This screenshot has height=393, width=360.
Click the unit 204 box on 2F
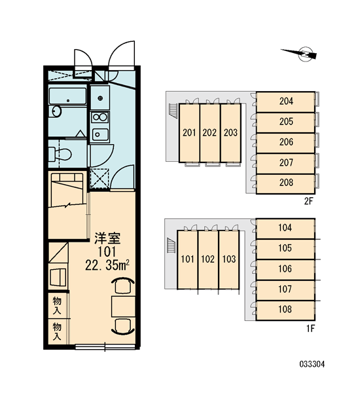(285, 102)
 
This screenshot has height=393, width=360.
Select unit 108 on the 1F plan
(285, 310)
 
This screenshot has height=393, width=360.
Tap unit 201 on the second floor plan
(189, 133)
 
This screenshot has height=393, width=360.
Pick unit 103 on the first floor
(228, 259)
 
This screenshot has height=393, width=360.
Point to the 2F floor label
(309, 201)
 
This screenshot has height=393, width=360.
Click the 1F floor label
(310, 328)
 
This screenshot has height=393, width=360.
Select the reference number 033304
(312, 364)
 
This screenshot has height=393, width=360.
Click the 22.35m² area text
(107, 265)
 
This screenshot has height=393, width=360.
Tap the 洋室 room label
(107, 238)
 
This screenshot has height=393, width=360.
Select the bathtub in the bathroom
(67, 96)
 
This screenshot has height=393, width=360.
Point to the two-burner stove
(99, 117)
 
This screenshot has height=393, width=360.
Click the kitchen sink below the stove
(100, 134)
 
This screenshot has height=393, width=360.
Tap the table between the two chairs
(123, 307)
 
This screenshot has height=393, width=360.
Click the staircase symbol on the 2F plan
(173, 110)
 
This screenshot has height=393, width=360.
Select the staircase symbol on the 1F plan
(171, 246)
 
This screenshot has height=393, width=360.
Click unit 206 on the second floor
(285, 143)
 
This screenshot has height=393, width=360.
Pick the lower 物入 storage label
(57, 331)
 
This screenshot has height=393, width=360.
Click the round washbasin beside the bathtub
(56, 111)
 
